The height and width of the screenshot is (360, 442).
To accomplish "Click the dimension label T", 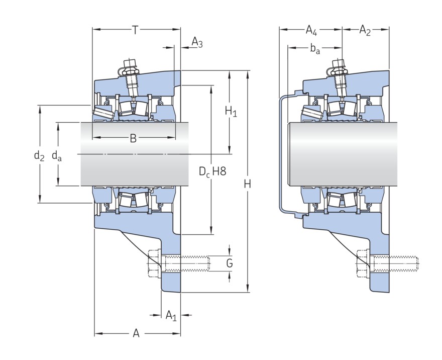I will (135, 30).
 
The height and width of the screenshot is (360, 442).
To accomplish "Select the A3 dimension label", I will (197, 43).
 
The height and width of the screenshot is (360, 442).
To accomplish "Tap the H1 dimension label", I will (231, 111).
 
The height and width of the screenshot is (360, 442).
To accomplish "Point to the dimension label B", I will (133, 138).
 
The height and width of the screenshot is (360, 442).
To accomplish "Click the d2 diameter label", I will (39, 156).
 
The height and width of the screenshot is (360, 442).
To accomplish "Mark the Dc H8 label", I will (212, 172).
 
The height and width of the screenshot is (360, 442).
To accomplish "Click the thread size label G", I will (230, 263).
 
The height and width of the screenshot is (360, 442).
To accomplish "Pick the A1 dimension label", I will (171, 316).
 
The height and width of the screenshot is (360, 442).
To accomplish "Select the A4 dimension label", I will (311, 31).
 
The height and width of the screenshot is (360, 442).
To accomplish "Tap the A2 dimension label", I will (365, 31).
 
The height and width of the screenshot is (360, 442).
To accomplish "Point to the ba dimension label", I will (315, 49).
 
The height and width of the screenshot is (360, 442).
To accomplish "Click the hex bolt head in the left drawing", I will (154, 263).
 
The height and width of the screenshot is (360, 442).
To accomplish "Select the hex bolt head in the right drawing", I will (362, 263).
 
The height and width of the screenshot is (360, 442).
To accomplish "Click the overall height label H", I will (247, 184).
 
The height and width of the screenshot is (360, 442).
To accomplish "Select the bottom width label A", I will (136, 333).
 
